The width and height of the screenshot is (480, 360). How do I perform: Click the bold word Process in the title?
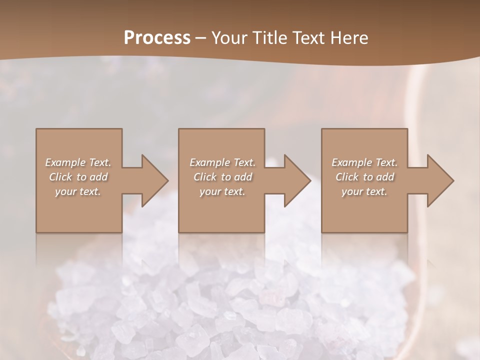[x=157, y=38]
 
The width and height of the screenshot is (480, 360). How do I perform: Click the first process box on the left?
[x=79, y=210]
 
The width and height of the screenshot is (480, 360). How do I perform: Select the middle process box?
[x=221, y=210]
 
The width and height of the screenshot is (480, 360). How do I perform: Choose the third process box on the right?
[x=364, y=210]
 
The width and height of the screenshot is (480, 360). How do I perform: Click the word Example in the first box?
[x=65, y=162]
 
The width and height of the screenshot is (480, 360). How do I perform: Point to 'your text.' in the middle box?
[x=222, y=191]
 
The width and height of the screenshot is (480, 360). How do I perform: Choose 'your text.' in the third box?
[x=364, y=191]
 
